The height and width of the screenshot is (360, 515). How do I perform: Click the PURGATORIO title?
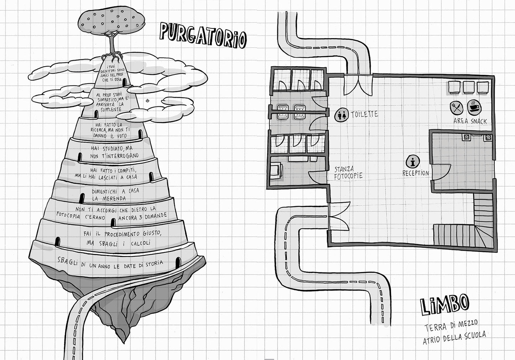coord(203,36)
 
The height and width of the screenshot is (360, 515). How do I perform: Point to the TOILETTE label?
coord(364,114)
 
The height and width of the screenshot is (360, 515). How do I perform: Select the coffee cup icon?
coord(474,107)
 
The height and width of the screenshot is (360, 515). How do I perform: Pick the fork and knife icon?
coord(457,108)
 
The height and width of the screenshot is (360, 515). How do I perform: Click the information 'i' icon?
coord(413,161)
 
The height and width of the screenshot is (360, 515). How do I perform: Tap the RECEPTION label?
coord(416,173)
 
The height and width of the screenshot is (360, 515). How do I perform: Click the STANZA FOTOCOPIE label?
coord(348,173)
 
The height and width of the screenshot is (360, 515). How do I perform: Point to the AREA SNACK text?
coord(470,121)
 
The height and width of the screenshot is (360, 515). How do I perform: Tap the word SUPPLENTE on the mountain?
coord(110,110)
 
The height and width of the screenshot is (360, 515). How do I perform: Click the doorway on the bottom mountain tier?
coord(178,262)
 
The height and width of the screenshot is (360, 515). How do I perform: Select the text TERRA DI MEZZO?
coord(451,326)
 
